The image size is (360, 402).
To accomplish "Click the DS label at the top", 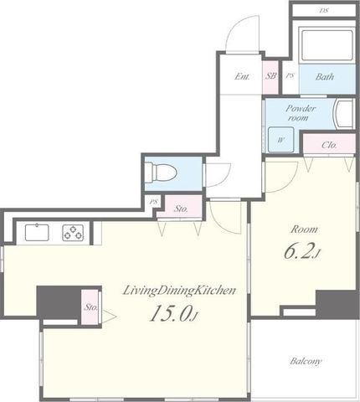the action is coord(324,11).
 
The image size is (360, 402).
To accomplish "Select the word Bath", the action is coord(325,76).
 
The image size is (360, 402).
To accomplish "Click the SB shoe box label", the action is coord(270,75).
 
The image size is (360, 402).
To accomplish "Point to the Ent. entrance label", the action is coord(242,76).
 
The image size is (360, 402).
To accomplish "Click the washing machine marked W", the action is coord(281,139).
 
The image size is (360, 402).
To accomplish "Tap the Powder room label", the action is coord(300,113).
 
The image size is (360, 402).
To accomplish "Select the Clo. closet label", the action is coord(329,145).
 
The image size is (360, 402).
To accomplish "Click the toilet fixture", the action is coord(162,173).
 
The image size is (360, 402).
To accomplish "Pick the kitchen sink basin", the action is coord(37,232).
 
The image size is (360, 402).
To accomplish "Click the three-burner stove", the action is coord(73,233).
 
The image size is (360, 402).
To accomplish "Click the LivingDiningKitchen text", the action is coord(179,291).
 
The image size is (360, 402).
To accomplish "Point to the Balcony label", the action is coord(306,361).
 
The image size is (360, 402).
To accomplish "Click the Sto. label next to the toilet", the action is coord(181,209).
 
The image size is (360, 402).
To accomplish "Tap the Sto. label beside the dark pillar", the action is coord(91,307).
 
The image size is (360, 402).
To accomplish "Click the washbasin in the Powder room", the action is coord(344,113).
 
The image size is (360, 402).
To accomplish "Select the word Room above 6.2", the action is coord(304,229).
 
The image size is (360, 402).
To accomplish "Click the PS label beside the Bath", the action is coord(290,75).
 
